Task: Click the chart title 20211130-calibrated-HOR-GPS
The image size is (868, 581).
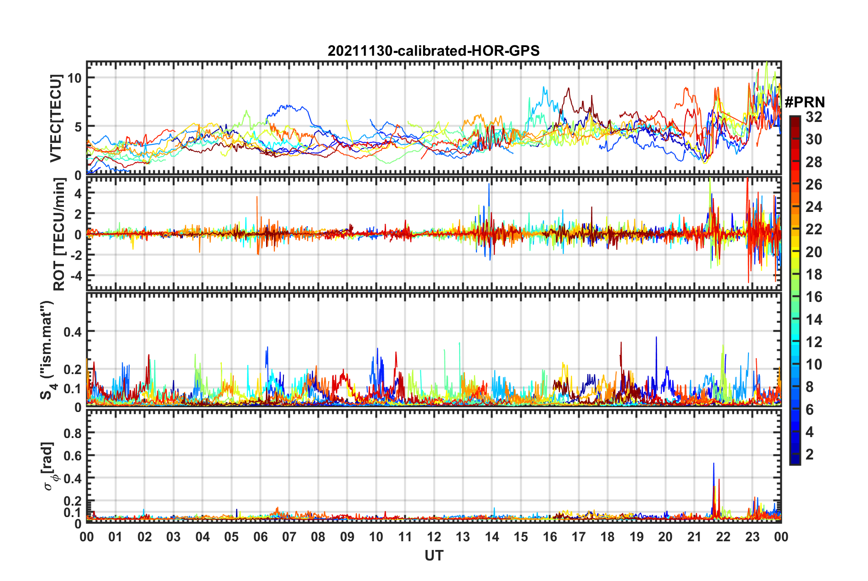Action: click(434, 51)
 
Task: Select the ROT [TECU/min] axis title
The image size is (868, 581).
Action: click(59, 234)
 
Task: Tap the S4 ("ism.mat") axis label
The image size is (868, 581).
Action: click(47, 350)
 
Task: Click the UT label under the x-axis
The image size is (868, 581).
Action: click(434, 555)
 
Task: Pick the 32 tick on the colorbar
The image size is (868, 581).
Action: click(814, 117)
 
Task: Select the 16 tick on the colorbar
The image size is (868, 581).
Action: click(814, 297)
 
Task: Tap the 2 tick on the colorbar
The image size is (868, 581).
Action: click(810, 454)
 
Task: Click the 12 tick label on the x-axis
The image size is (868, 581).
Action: click(434, 537)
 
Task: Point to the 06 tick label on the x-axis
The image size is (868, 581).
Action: click(260, 537)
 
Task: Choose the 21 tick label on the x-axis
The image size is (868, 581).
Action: click(694, 537)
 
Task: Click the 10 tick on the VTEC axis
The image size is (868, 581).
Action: click(74, 78)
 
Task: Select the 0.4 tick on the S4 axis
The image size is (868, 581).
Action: click(73, 332)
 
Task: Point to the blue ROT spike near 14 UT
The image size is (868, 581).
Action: click(489, 185)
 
